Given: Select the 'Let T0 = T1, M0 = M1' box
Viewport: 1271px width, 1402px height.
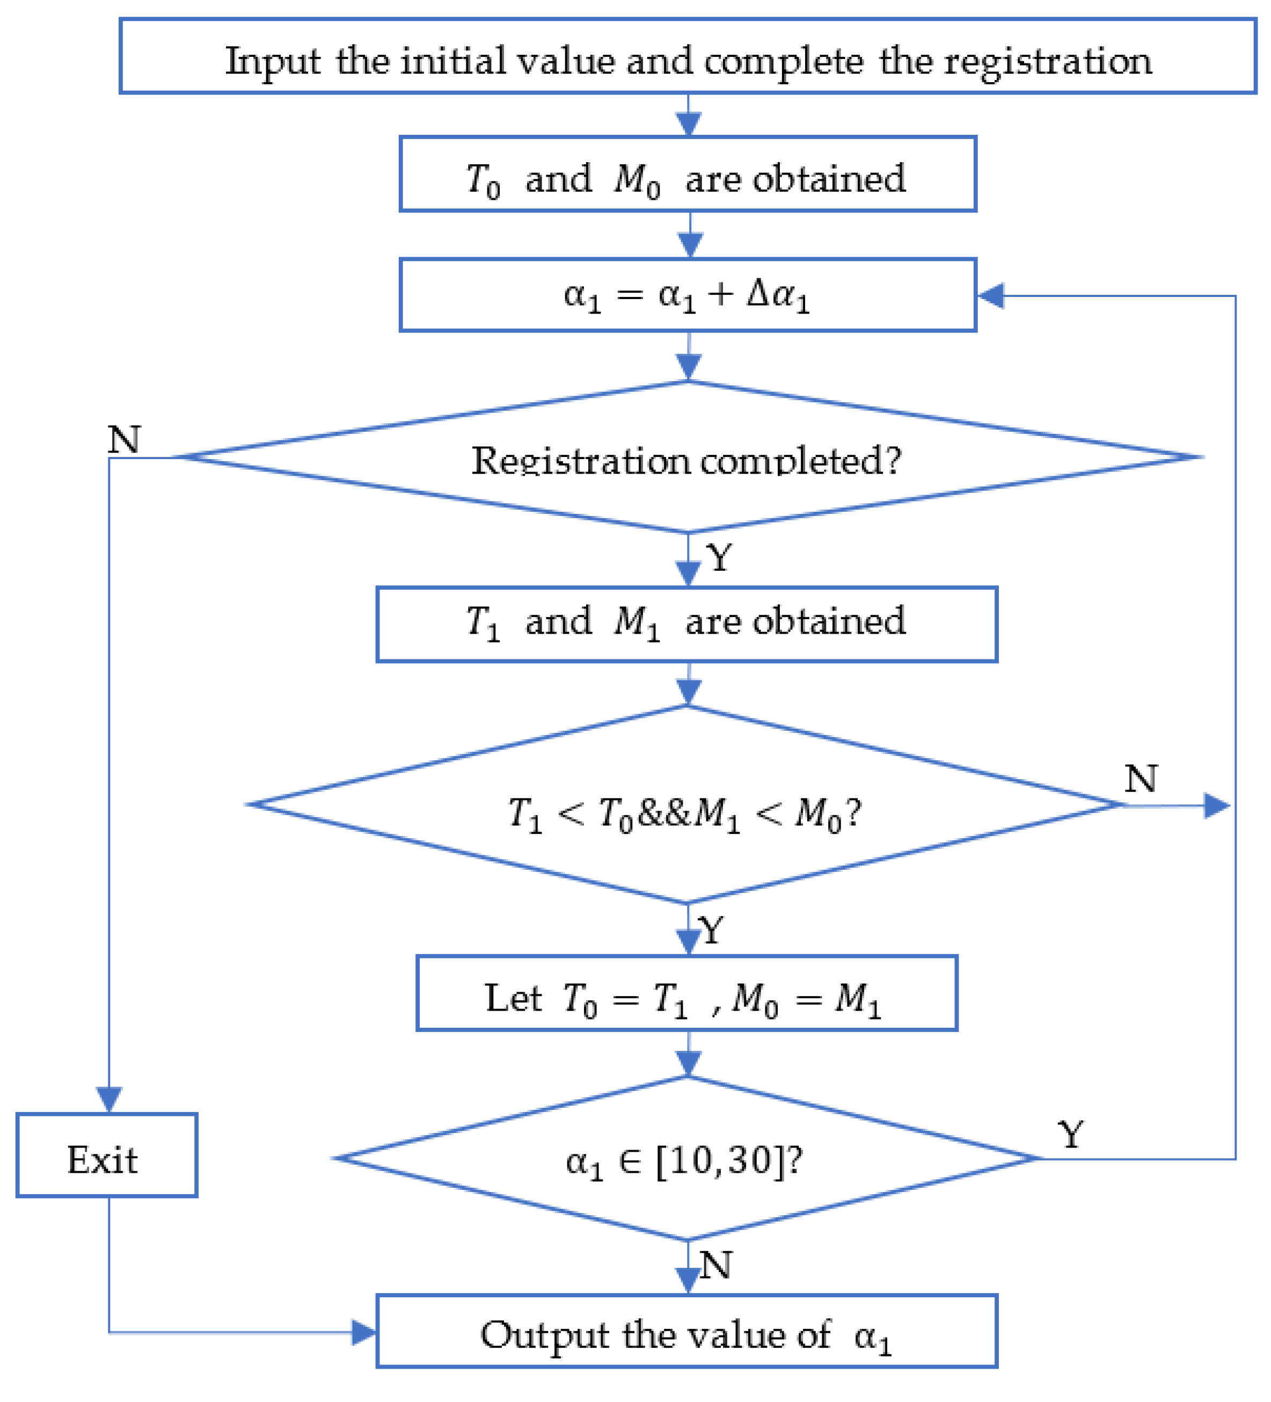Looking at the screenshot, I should [x=687, y=994].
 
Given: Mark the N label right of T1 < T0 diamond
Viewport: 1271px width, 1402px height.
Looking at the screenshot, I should [x=1140, y=779].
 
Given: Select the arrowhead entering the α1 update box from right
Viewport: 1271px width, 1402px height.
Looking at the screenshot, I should [x=990, y=295].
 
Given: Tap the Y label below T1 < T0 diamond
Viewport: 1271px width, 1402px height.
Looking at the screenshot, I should [x=711, y=931].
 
